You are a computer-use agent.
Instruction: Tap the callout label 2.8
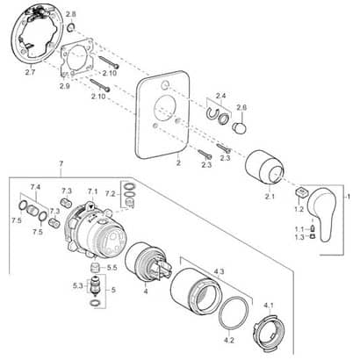coord(70,16)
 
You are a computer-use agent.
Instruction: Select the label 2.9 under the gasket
coord(64,85)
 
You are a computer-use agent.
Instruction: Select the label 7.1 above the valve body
coord(92,190)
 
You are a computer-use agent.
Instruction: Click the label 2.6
coord(241,107)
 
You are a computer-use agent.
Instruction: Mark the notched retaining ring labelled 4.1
coord(271,329)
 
